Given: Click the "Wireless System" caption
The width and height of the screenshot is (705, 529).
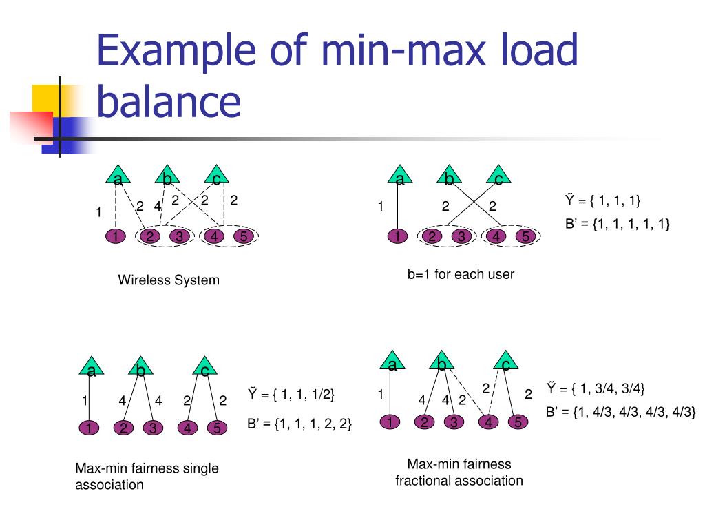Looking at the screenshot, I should click(169, 280).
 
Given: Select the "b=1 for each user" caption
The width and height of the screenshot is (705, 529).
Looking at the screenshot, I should click(461, 274).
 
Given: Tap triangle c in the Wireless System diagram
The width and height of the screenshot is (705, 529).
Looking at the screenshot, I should click(216, 176).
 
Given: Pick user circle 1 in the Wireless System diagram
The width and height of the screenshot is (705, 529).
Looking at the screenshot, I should click(115, 237).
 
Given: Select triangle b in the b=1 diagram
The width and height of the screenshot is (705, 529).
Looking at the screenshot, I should click(449, 176).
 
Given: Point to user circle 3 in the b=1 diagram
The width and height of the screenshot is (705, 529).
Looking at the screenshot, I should click(459, 237).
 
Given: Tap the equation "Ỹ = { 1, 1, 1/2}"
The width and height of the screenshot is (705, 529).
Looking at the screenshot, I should click(291, 395).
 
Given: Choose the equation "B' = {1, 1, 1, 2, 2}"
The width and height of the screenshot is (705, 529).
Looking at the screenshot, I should click(299, 424).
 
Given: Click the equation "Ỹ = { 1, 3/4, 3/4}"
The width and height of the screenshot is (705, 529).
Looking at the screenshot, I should click(596, 388).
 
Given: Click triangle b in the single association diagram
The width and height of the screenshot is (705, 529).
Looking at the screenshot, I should click(140, 369).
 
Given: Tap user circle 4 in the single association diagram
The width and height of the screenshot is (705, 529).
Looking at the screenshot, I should click(187, 428).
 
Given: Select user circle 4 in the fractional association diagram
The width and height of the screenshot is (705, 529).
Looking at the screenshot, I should click(488, 422).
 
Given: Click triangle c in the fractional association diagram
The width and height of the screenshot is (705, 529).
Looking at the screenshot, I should click(505, 362).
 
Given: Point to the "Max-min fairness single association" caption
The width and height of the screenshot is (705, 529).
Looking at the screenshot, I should click(147, 476).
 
